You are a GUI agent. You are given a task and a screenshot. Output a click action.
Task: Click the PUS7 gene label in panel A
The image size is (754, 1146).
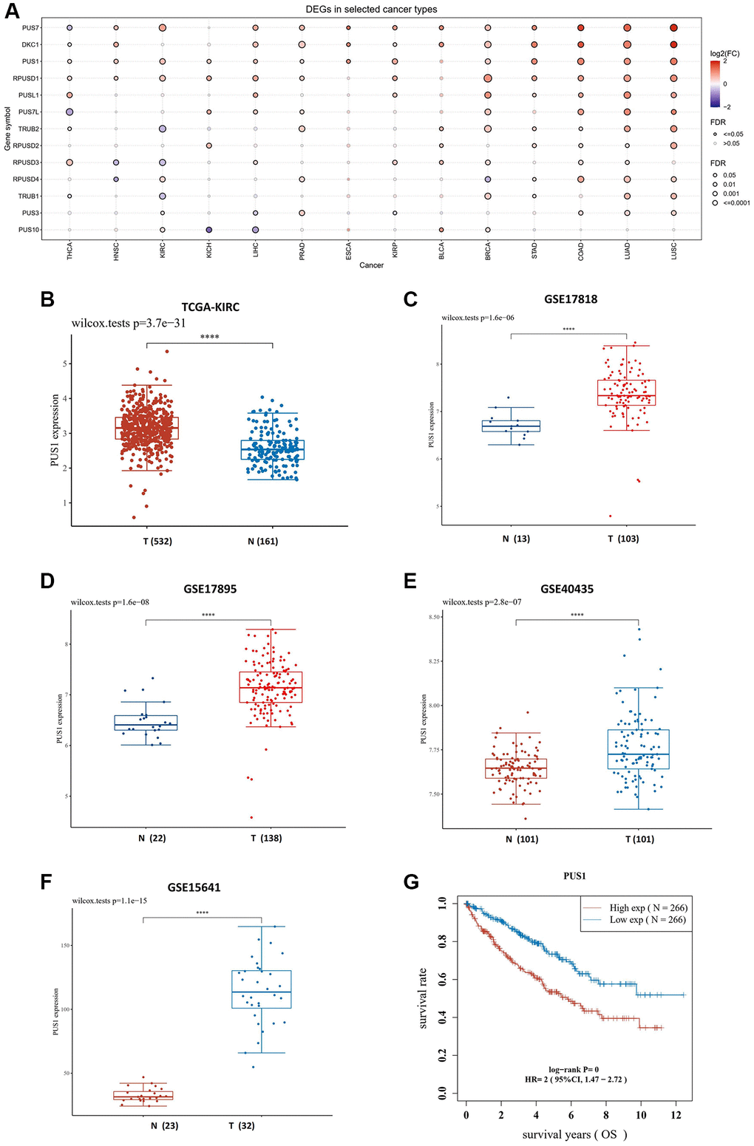[30, 27]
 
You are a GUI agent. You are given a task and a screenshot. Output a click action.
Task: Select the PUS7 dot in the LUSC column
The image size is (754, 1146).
[673, 28]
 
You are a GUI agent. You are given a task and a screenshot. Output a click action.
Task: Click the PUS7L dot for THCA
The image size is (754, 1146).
[69, 112]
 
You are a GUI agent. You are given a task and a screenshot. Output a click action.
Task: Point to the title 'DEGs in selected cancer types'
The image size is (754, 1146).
[371, 10]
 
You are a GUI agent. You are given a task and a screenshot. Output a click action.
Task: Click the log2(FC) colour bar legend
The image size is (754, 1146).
[715, 83]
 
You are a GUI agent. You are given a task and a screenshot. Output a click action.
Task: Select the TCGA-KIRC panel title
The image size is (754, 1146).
[210, 307]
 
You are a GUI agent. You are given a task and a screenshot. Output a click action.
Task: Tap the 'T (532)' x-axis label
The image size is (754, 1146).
[157, 541]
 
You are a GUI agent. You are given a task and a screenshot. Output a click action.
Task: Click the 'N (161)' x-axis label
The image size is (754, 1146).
[263, 541]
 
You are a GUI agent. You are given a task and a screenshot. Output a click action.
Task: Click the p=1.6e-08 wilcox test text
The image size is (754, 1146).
[110, 602]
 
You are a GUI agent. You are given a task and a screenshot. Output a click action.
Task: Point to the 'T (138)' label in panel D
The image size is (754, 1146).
[266, 838]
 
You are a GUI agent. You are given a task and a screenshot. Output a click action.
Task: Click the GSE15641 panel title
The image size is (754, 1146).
[194, 887]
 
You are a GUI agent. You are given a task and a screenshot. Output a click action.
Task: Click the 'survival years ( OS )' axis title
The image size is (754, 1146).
[575, 1134]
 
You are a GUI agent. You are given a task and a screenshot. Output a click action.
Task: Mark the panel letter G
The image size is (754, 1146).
[411, 881]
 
